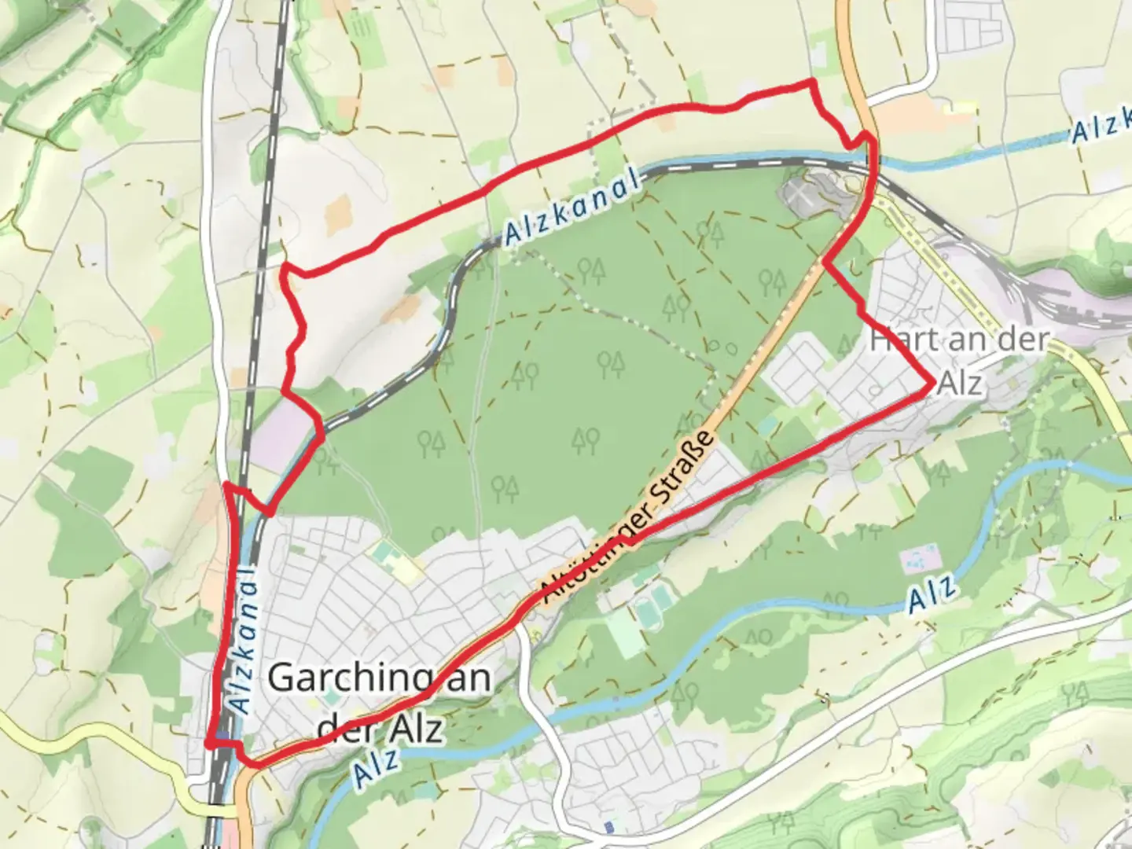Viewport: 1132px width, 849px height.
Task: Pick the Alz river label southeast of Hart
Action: (933, 593)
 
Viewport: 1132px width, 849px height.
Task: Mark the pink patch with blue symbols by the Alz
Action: (918, 560)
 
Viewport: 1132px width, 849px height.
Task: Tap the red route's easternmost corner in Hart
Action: (932, 384)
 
